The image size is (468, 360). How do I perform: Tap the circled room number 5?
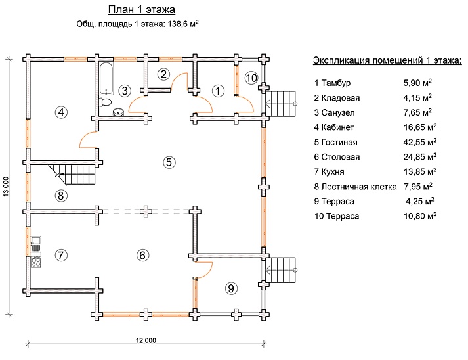(169, 162)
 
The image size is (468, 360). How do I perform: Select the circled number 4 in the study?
(61, 112)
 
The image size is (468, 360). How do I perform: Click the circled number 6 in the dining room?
(142, 256)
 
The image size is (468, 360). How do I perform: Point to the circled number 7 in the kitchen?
(61, 256)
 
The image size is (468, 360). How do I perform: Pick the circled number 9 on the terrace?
(230, 287)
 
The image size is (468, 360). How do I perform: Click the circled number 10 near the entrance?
(251, 78)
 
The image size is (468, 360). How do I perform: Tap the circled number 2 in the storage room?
(164, 74)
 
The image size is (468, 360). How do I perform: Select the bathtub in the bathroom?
(106, 78)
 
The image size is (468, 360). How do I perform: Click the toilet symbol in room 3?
(104, 103)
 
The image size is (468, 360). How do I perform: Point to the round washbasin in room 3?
(119, 112)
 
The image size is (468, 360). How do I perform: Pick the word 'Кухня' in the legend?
(335, 171)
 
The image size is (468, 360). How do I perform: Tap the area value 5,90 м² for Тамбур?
(418, 83)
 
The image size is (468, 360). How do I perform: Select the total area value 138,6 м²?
(179, 24)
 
